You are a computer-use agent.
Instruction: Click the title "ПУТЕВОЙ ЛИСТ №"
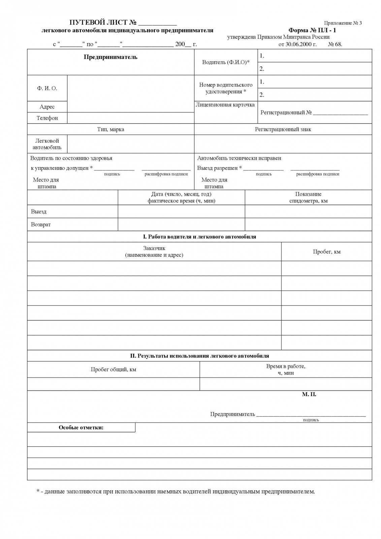coord(103,23)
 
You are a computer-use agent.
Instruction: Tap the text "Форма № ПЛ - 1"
coord(312,30)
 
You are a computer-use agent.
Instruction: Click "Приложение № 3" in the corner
coord(343,23)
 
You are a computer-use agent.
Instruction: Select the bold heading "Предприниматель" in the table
coord(110,57)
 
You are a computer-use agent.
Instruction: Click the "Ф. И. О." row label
coord(47,88)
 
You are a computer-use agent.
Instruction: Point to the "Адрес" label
coord(47,107)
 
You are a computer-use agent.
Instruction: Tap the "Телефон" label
coord(47,118)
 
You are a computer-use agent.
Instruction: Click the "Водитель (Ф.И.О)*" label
coord(226,62)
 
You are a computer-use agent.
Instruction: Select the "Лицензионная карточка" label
coord(225,105)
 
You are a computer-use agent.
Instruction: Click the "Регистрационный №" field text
coord(286,113)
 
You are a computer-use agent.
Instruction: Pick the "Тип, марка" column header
coord(110,129)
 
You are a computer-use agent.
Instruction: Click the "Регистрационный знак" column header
coord(283,129)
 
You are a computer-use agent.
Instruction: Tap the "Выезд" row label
coord(39,212)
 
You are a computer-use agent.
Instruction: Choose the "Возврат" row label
coord(41,225)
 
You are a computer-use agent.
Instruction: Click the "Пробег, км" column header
coord(326,252)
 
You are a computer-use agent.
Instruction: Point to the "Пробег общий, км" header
coord(113,370)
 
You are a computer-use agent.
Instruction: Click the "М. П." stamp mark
coord(309,394)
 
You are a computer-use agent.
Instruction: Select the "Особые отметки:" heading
coord(81,427)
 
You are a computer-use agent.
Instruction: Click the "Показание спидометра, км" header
coord(308,197)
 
